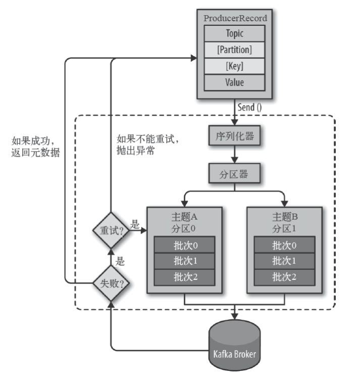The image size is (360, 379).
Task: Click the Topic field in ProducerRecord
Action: [x=234, y=33]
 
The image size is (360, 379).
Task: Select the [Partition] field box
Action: [x=234, y=50]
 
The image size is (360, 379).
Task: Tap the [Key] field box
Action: [x=234, y=66]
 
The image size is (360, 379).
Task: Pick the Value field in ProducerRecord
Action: [x=234, y=82]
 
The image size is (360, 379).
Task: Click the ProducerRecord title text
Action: [x=235, y=18]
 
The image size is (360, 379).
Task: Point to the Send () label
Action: [x=249, y=107]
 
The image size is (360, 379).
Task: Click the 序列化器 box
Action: [x=234, y=135]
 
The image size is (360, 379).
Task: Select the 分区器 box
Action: [x=234, y=173]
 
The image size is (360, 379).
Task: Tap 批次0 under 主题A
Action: [x=184, y=245]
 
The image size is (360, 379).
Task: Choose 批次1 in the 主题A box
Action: [x=184, y=261]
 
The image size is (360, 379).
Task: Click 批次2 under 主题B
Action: [x=284, y=277]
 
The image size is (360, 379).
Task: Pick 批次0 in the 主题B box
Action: [x=284, y=245]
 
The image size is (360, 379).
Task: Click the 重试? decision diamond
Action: [x=111, y=230]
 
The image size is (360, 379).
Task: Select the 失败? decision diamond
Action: [x=111, y=283]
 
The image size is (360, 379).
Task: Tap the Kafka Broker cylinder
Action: [x=234, y=346]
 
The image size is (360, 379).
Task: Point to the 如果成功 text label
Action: [x=33, y=141]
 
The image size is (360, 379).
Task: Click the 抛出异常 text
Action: [x=135, y=151]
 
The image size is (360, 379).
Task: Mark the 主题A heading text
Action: [x=184, y=217]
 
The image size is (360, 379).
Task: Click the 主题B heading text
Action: [x=285, y=217]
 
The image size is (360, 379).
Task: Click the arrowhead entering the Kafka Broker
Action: [x=234, y=316]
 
